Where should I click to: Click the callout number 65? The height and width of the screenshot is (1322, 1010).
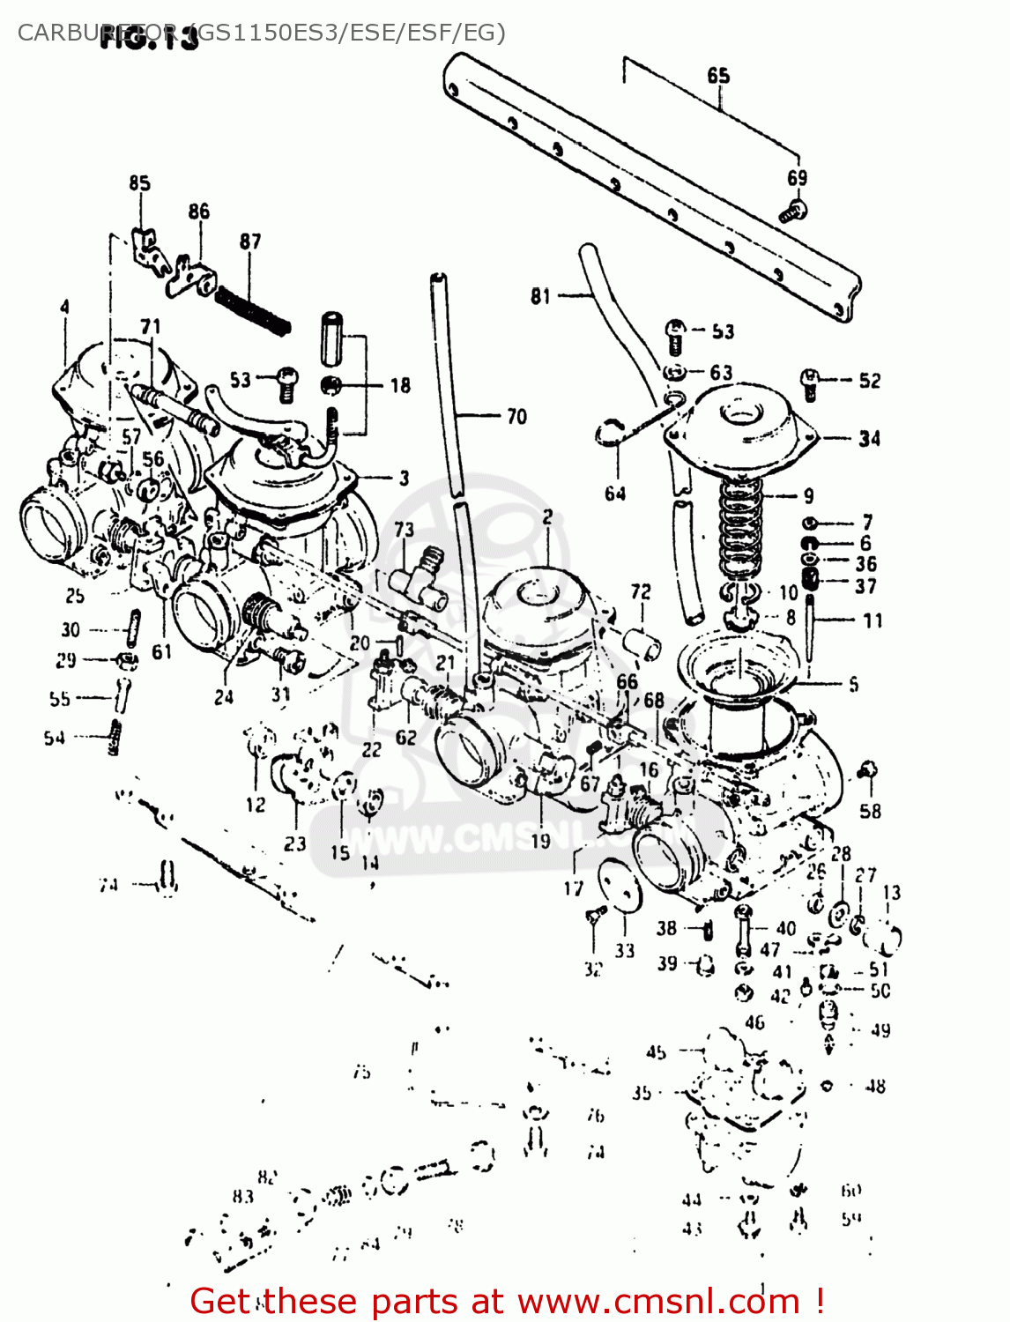click(x=718, y=76)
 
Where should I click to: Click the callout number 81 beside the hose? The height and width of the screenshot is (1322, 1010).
click(x=540, y=296)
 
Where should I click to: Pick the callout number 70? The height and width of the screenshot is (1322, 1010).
click(x=516, y=416)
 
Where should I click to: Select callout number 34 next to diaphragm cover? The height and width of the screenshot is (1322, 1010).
click(x=869, y=438)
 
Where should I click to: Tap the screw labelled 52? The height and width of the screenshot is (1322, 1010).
click(x=810, y=381)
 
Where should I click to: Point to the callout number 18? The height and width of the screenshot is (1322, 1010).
click(x=400, y=385)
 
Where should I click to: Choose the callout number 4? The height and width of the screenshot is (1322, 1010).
click(x=64, y=307)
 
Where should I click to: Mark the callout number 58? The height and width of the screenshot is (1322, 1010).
click(x=870, y=811)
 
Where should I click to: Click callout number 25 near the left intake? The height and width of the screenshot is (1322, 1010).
click(x=75, y=596)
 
